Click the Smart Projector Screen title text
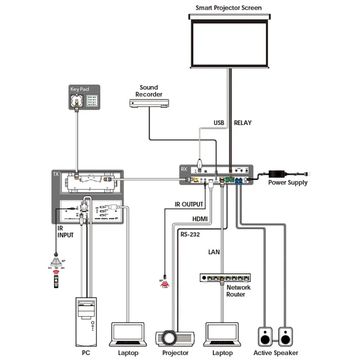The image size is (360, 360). tap(229, 8)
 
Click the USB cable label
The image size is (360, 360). tap(220, 123)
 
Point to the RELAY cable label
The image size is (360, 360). tap(242, 123)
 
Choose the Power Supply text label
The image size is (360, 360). tap(287, 182)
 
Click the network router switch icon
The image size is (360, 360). tap(224, 279)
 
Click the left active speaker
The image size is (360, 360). tap(265, 336)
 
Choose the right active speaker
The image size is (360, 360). tap(286, 336)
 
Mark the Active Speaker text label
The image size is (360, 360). tap(275, 353)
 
